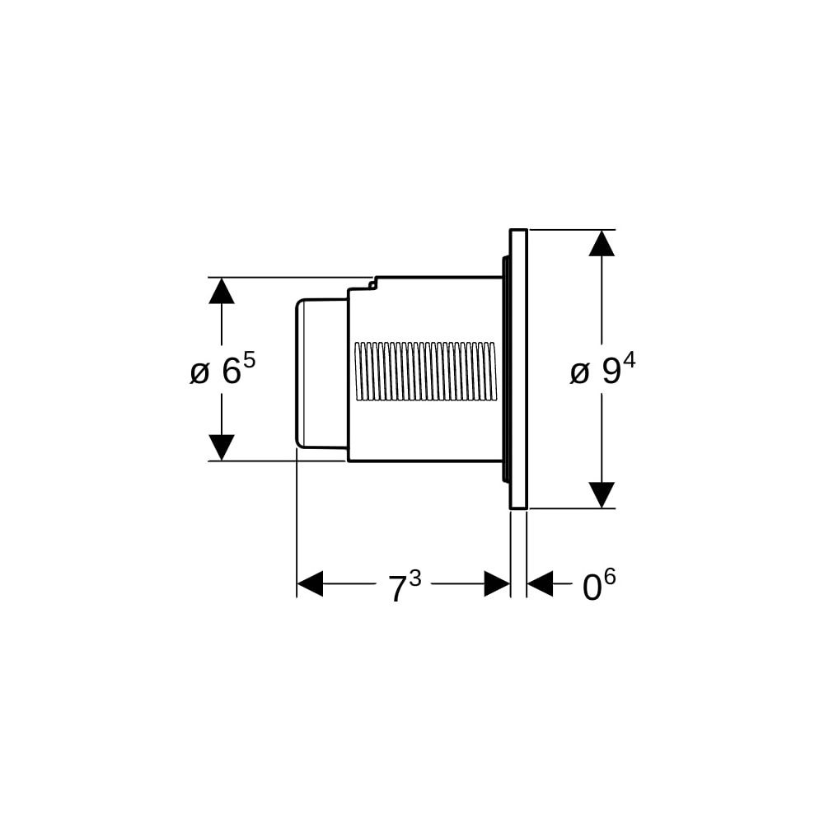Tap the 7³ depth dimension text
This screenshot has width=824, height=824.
[405, 585]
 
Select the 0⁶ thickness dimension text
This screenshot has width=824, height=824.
[599, 585]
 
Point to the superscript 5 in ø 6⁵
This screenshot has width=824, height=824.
[249, 361]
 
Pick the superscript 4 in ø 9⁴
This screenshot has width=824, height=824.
[630, 361]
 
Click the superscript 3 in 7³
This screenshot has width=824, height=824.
[415, 578]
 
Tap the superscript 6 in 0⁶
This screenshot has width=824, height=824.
[610, 578]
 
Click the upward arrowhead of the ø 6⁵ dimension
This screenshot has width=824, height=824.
[221, 291]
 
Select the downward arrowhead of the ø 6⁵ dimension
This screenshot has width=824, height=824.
[221, 447]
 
